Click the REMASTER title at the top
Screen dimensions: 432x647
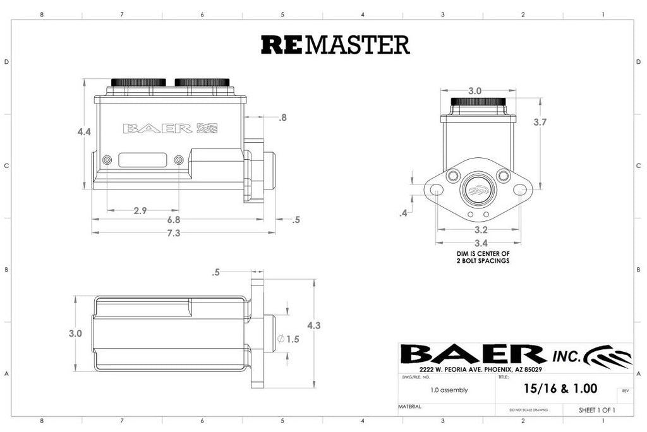[336, 44]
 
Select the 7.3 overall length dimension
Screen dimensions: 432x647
[174, 233]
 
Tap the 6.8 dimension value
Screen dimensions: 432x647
[174, 220]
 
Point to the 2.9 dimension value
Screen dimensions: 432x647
[140, 210]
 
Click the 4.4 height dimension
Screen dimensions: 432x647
[85, 132]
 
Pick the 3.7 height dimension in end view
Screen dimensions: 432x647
[540, 123]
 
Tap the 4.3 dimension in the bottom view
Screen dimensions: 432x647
[313, 325]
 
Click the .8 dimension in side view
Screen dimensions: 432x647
[282, 117]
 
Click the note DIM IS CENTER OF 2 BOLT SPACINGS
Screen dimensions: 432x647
[483, 256]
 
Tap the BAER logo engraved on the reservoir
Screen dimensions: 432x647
[169, 128]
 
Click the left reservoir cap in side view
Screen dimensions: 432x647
[138, 82]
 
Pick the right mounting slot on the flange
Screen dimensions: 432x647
[519, 189]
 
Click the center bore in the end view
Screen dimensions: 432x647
[478, 189]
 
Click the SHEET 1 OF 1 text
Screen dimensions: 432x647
[596, 410]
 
